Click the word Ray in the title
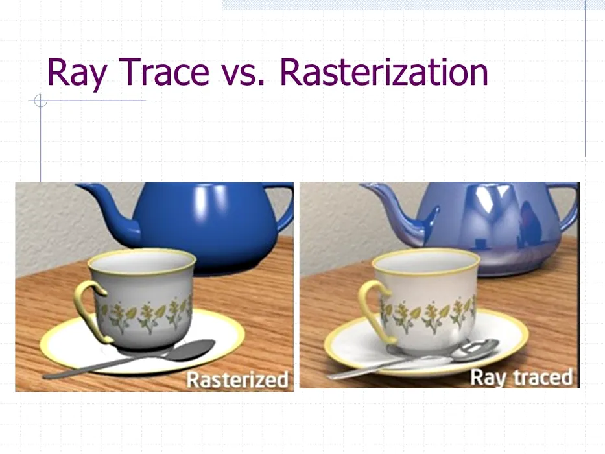[x=77, y=72]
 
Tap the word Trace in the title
[x=163, y=71]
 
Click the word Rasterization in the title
[x=384, y=71]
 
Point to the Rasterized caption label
[x=237, y=379]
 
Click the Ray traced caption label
[x=521, y=377]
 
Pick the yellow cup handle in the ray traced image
[x=370, y=309]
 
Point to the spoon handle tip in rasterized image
[x=45, y=376]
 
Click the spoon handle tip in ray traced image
[x=329, y=376]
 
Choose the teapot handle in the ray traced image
[x=568, y=208]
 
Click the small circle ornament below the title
[x=40, y=101]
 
